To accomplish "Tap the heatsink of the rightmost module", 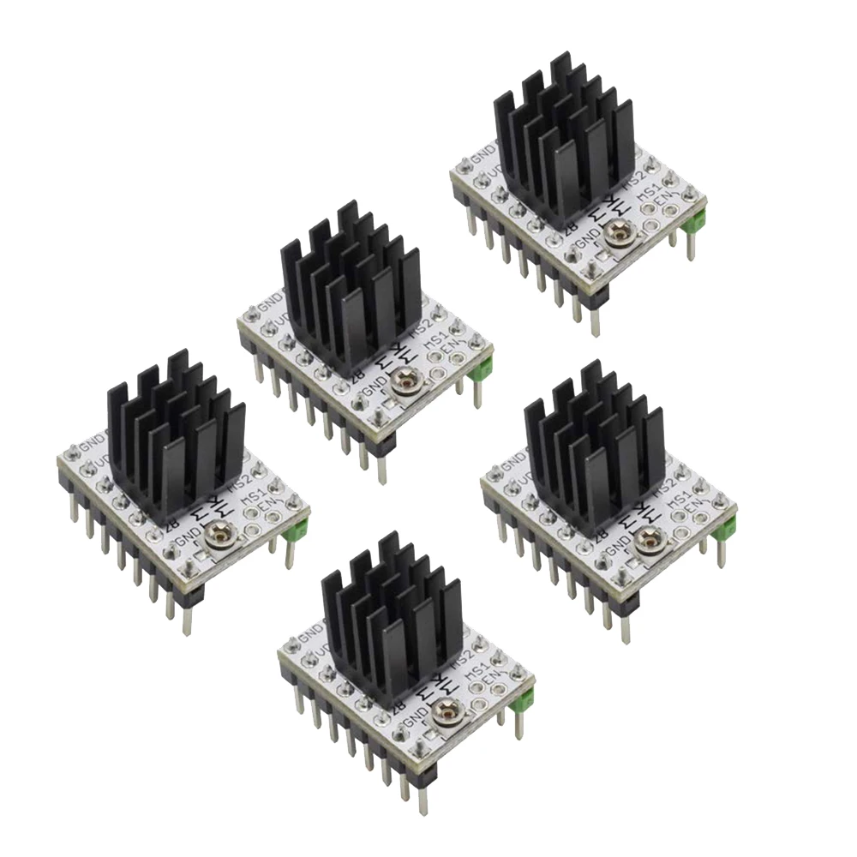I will coord(595,450).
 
